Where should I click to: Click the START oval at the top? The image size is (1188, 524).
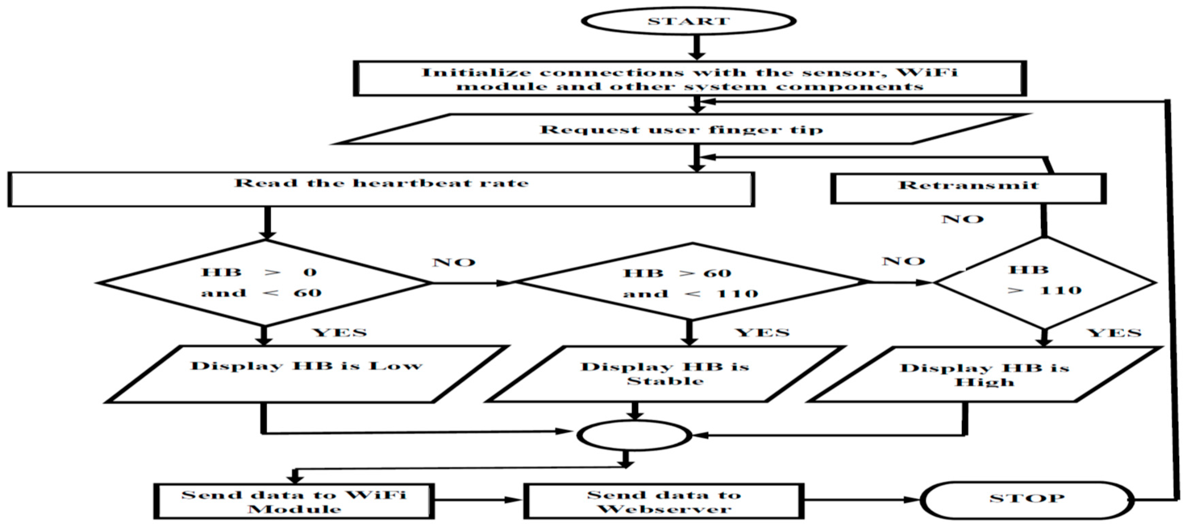[x=689, y=21]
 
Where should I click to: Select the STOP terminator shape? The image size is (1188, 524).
[x=1027, y=499]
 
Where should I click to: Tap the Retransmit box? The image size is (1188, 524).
[x=968, y=187]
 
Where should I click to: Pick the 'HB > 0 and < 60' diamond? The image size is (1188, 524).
[x=264, y=283]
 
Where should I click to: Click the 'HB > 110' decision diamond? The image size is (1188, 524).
[x=1044, y=282]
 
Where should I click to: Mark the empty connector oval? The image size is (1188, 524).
[x=634, y=435]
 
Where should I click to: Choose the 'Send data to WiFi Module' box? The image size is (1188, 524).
[x=294, y=502]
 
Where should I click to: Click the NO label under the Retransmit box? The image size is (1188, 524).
[x=963, y=219]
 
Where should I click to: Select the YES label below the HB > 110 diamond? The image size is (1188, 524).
[x=1114, y=333]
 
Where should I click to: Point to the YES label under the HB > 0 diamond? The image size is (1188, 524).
[x=340, y=332]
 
